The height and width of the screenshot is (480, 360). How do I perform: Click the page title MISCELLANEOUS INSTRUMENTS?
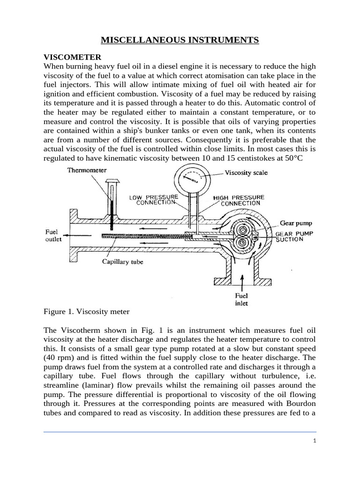click(x=180, y=40)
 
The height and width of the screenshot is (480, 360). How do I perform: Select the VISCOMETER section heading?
click(x=72, y=57)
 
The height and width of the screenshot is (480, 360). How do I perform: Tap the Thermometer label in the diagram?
click(x=87, y=170)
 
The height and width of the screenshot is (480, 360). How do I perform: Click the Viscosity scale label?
click(x=246, y=173)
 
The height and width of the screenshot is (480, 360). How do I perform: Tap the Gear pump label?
click(x=296, y=223)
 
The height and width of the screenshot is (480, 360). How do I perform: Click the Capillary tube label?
click(x=122, y=262)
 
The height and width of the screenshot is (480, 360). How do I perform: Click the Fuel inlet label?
click(x=241, y=300)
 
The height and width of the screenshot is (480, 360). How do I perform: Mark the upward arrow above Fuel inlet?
click(x=242, y=281)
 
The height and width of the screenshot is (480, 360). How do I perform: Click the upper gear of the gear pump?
click(x=244, y=230)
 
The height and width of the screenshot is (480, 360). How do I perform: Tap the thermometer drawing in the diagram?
click(x=112, y=202)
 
